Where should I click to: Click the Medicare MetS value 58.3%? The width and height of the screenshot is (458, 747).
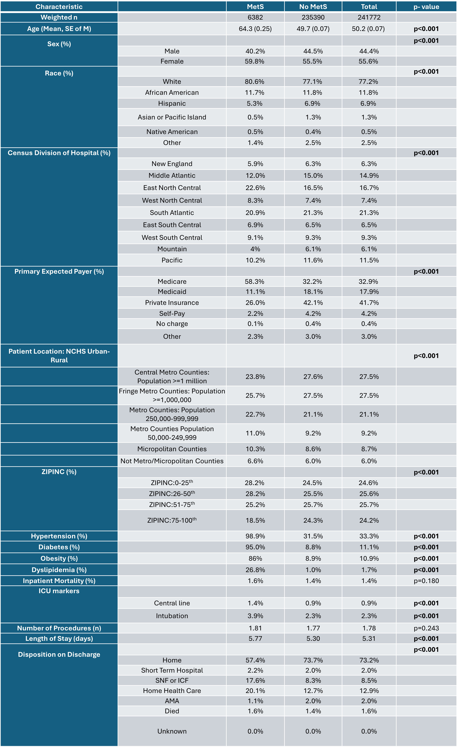coord(254,281)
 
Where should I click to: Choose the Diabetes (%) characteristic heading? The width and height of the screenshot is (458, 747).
coord(59,547)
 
